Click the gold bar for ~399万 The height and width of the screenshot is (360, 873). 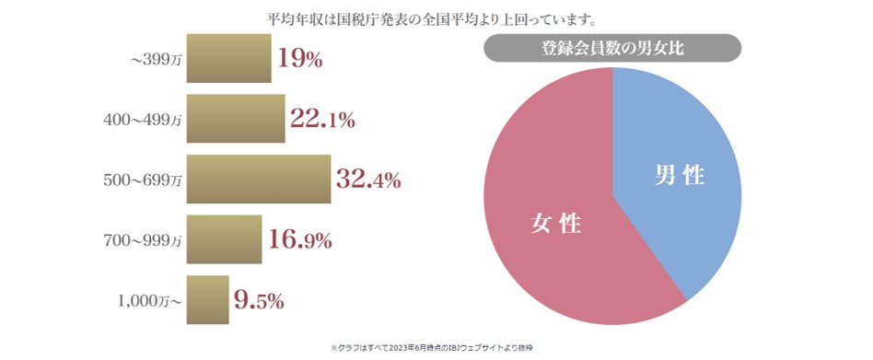(x=228, y=59)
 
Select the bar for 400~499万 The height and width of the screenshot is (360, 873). (x=236, y=119)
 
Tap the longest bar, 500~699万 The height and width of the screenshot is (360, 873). (x=258, y=180)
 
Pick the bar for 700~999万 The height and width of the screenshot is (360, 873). (x=224, y=240)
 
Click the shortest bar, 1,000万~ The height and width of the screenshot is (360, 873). (x=207, y=300)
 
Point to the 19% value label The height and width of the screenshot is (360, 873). (x=300, y=60)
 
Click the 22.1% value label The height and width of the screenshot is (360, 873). (x=322, y=119)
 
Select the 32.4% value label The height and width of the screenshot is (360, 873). (x=368, y=180)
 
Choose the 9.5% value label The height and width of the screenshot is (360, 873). (x=259, y=300)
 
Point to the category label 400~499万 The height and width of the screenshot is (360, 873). (x=143, y=121)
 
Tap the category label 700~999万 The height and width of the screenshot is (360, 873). (x=143, y=241)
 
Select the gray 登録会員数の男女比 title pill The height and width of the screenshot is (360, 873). (x=611, y=48)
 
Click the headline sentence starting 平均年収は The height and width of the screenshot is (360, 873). (x=436, y=17)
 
